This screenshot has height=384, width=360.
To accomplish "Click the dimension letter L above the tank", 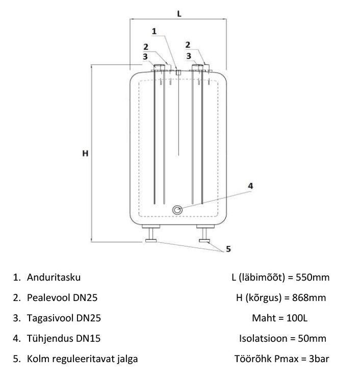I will (x=179, y=13).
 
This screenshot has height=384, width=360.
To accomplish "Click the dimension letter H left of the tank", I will (x=85, y=153).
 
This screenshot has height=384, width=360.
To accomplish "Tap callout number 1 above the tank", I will (x=155, y=31).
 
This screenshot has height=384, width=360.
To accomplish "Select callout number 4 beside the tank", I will (x=250, y=186).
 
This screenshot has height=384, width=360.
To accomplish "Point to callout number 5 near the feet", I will (x=228, y=249).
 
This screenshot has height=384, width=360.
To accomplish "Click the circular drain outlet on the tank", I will (x=178, y=209).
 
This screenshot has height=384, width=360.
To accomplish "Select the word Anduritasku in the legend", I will (x=54, y=278).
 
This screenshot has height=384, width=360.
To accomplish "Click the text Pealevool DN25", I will (x=63, y=297).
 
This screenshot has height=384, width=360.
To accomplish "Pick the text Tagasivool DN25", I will (x=63, y=318).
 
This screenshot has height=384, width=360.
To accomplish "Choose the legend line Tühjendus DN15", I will (x=62, y=338).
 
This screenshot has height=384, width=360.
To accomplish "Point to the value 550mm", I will (x=313, y=278).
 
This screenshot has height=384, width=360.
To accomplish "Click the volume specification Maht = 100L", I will (x=279, y=318).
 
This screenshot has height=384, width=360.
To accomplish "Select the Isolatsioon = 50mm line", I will (x=282, y=338).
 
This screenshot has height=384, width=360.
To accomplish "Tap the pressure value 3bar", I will (x=317, y=359).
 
